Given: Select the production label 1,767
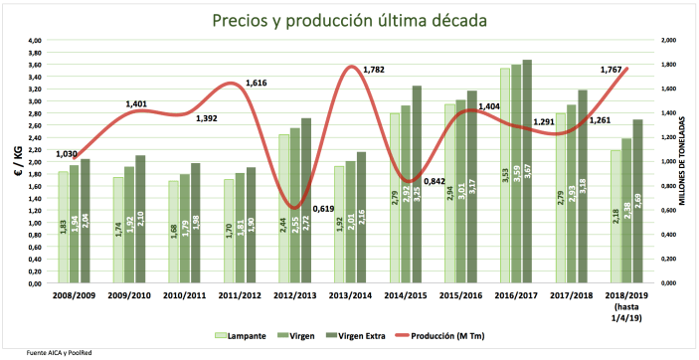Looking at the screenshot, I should pyautogui.click(x=612, y=70).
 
